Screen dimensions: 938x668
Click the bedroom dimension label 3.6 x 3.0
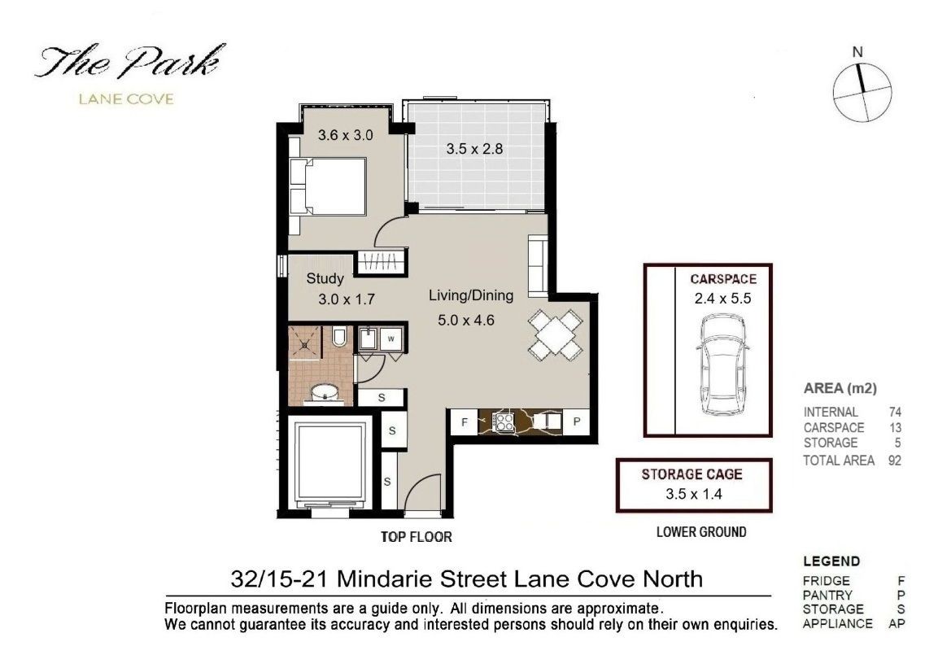tap(345, 135)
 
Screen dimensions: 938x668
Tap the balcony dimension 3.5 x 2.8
tap(474, 149)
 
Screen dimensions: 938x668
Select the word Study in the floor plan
tap(325, 279)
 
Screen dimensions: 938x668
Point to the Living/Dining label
tap(471, 295)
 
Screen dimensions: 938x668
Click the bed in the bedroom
tap(328, 186)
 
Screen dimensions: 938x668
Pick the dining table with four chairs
tap(555, 335)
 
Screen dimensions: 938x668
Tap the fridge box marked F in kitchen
tap(465, 422)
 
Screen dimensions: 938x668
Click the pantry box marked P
tap(577, 422)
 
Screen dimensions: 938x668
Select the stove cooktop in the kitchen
tap(504, 422)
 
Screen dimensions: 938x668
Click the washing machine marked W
tap(391, 339)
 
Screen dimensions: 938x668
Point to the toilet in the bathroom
tap(339, 337)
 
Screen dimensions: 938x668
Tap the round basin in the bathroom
tap(325, 394)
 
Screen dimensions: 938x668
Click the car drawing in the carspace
tap(722, 365)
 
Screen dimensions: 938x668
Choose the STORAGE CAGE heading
tap(692, 475)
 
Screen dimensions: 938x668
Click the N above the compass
tap(857, 52)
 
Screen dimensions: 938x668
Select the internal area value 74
tap(895, 412)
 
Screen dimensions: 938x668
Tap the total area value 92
tap(895, 461)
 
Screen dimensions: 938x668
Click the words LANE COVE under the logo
tap(126, 99)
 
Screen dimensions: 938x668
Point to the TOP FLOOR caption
tap(417, 537)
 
